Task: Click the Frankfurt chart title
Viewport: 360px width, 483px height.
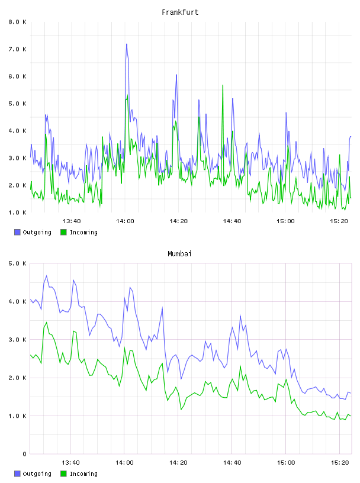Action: click(180, 12)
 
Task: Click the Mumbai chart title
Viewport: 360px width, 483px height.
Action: click(179, 254)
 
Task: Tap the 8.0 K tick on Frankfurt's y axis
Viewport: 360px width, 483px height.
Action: click(17, 22)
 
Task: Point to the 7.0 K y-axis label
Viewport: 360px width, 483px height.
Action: click(17, 49)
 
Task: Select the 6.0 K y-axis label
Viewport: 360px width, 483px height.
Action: click(17, 76)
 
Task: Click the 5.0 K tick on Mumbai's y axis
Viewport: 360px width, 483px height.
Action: click(17, 263)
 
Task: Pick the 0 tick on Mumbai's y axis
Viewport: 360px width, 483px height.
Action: click(24, 454)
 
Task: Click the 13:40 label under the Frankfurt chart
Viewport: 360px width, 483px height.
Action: click(72, 221)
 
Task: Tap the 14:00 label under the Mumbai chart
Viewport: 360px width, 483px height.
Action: click(124, 463)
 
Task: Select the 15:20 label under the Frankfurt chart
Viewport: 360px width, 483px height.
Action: click(339, 221)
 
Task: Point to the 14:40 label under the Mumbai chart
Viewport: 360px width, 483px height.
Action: click(232, 463)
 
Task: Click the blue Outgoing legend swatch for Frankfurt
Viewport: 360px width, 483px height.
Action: click(17, 232)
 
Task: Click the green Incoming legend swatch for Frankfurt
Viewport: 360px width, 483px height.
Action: click(63, 232)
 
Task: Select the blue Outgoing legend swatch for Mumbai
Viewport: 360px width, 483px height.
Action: click(17, 474)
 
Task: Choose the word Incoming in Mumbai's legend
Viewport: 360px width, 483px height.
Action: click(83, 474)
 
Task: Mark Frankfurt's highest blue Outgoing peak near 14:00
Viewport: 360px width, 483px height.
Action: click(126, 44)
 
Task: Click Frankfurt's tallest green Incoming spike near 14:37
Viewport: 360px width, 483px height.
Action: click(223, 85)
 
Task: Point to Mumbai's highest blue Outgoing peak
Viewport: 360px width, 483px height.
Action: click(47, 276)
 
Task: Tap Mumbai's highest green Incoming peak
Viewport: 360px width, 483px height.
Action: click(47, 322)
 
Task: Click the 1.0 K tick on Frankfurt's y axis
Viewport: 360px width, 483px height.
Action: click(17, 212)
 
